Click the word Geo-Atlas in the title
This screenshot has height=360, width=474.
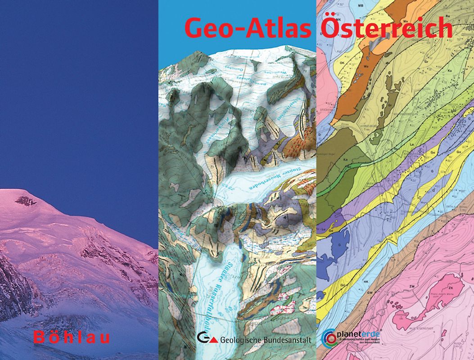click(247, 28)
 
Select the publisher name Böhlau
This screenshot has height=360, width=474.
click(72, 337)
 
